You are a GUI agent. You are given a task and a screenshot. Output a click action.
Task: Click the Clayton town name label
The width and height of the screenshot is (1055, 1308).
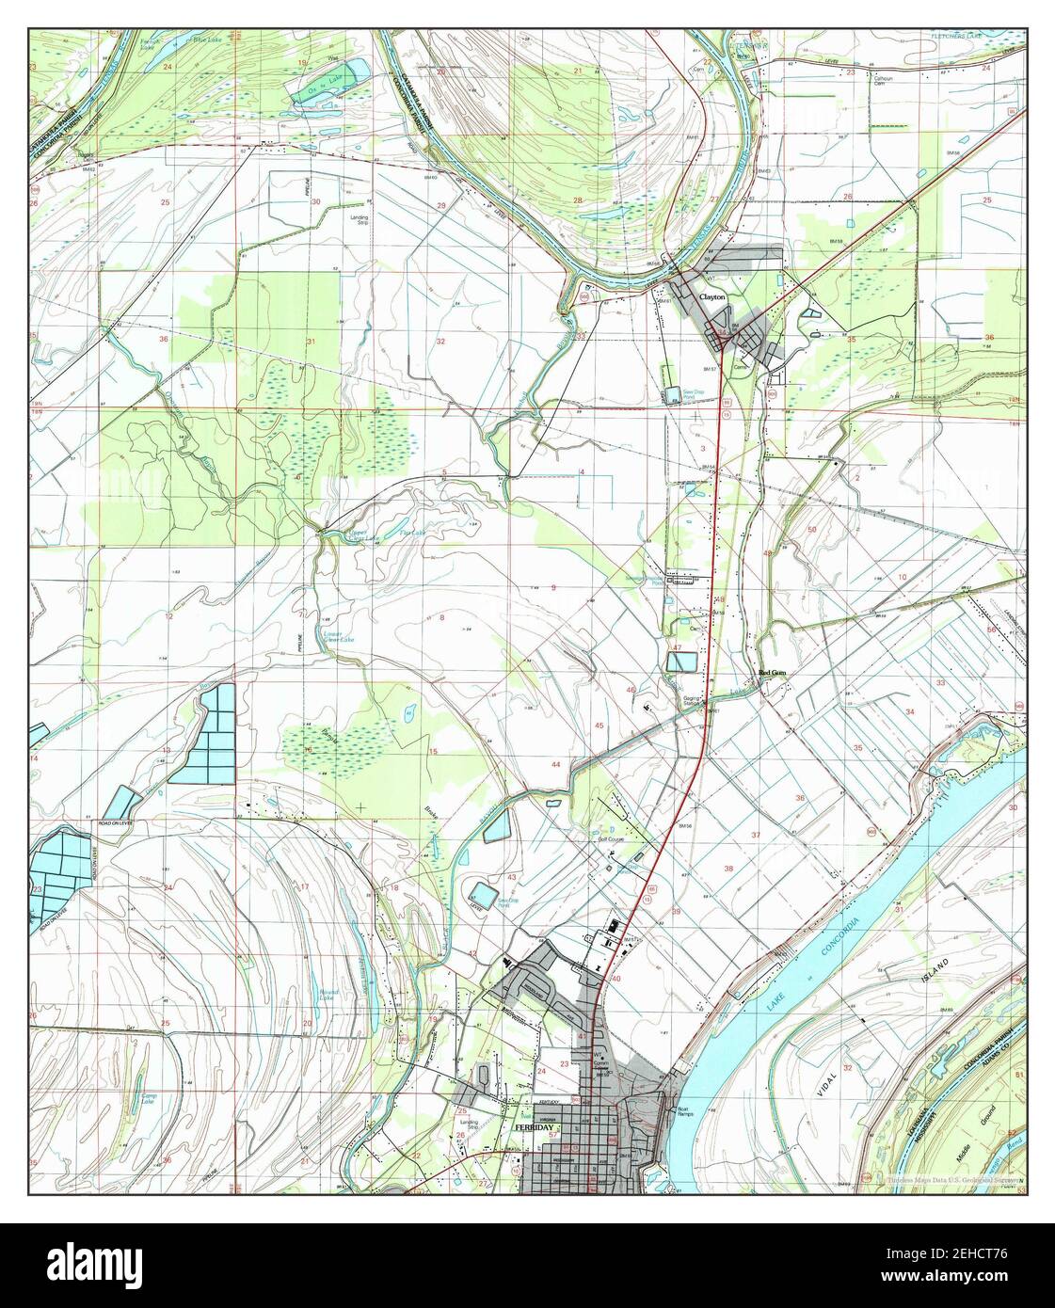coord(711,296)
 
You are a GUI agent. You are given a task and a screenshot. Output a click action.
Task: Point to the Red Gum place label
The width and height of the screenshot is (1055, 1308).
coord(772,674)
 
